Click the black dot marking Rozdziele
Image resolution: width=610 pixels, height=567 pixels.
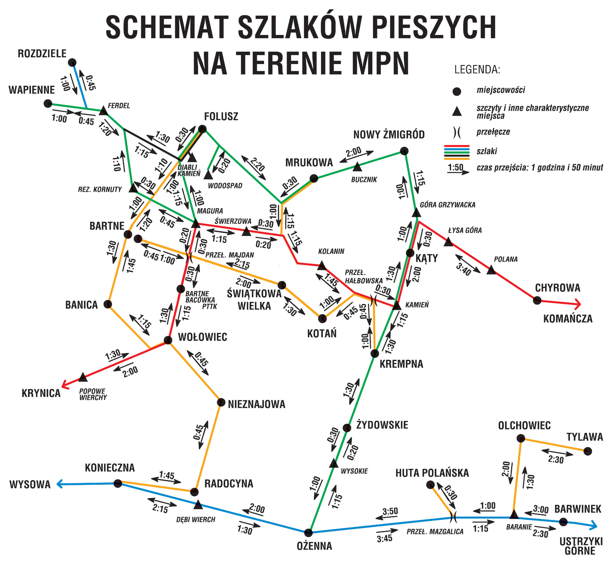tap(72, 63)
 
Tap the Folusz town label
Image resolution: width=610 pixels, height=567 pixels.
tap(221, 116)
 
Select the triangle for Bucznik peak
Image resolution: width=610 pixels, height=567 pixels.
tap(357, 167)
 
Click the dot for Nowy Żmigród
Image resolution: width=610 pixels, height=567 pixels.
tap(404, 151)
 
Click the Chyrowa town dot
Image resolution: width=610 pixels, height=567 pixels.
tap(537, 300)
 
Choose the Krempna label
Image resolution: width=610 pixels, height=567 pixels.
tap(401, 364)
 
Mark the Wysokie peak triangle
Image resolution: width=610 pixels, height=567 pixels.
tap(334, 464)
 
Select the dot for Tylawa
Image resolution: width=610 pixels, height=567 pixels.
tap(588, 451)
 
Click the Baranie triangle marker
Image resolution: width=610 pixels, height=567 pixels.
tap(514, 514)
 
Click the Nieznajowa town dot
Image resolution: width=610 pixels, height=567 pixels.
tap(221, 402)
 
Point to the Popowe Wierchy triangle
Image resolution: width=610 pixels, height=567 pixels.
tap(83, 377)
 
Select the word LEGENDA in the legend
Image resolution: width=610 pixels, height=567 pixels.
tap(477, 70)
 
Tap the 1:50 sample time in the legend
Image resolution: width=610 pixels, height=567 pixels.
tap(455, 167)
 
